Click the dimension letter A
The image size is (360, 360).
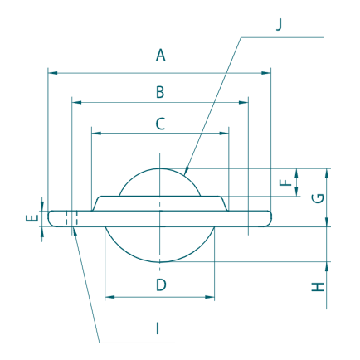161,56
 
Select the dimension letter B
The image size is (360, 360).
161,92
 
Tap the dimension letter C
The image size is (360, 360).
161,124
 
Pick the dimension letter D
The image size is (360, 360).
161,285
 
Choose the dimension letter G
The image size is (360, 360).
315,197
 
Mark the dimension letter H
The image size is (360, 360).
316,287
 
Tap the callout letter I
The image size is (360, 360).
157,328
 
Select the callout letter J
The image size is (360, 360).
279,23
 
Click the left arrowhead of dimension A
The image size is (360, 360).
51,73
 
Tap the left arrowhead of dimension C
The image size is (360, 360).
94,133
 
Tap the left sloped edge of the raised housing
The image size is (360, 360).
97,201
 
